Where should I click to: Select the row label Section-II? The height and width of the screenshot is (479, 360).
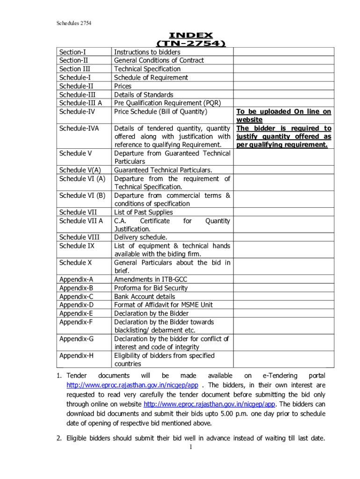(74, 60)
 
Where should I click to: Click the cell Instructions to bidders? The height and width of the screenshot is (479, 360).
(147, 52)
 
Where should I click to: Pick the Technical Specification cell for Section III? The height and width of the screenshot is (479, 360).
(147, 69)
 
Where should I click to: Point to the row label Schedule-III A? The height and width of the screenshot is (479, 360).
(81, 103)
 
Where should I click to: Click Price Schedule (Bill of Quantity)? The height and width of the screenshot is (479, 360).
(160, 111)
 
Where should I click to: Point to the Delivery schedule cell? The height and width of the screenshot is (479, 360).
(141, 237)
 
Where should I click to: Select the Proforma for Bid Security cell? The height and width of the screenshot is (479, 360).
(151, 288)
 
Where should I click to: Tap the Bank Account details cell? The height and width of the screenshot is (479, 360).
(145, 297)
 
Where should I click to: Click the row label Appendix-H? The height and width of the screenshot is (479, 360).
(77, 356)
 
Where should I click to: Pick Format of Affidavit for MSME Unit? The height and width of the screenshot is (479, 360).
(163, 305)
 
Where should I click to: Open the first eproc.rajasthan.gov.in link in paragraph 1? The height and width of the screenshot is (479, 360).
(132, 385)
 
